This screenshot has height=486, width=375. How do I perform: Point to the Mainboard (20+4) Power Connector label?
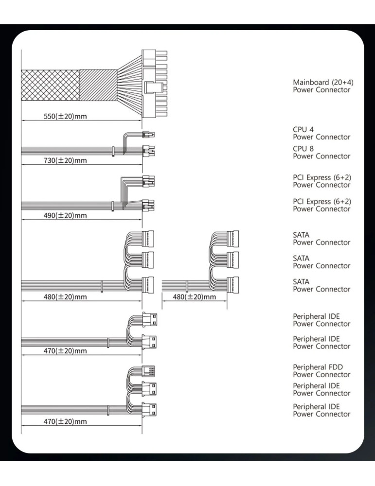321,87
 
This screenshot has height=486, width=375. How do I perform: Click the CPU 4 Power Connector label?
321,133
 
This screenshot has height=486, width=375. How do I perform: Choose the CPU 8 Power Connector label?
321,153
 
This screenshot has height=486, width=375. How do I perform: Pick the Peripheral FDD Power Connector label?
321,371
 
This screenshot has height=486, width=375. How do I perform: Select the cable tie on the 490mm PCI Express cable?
113,206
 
